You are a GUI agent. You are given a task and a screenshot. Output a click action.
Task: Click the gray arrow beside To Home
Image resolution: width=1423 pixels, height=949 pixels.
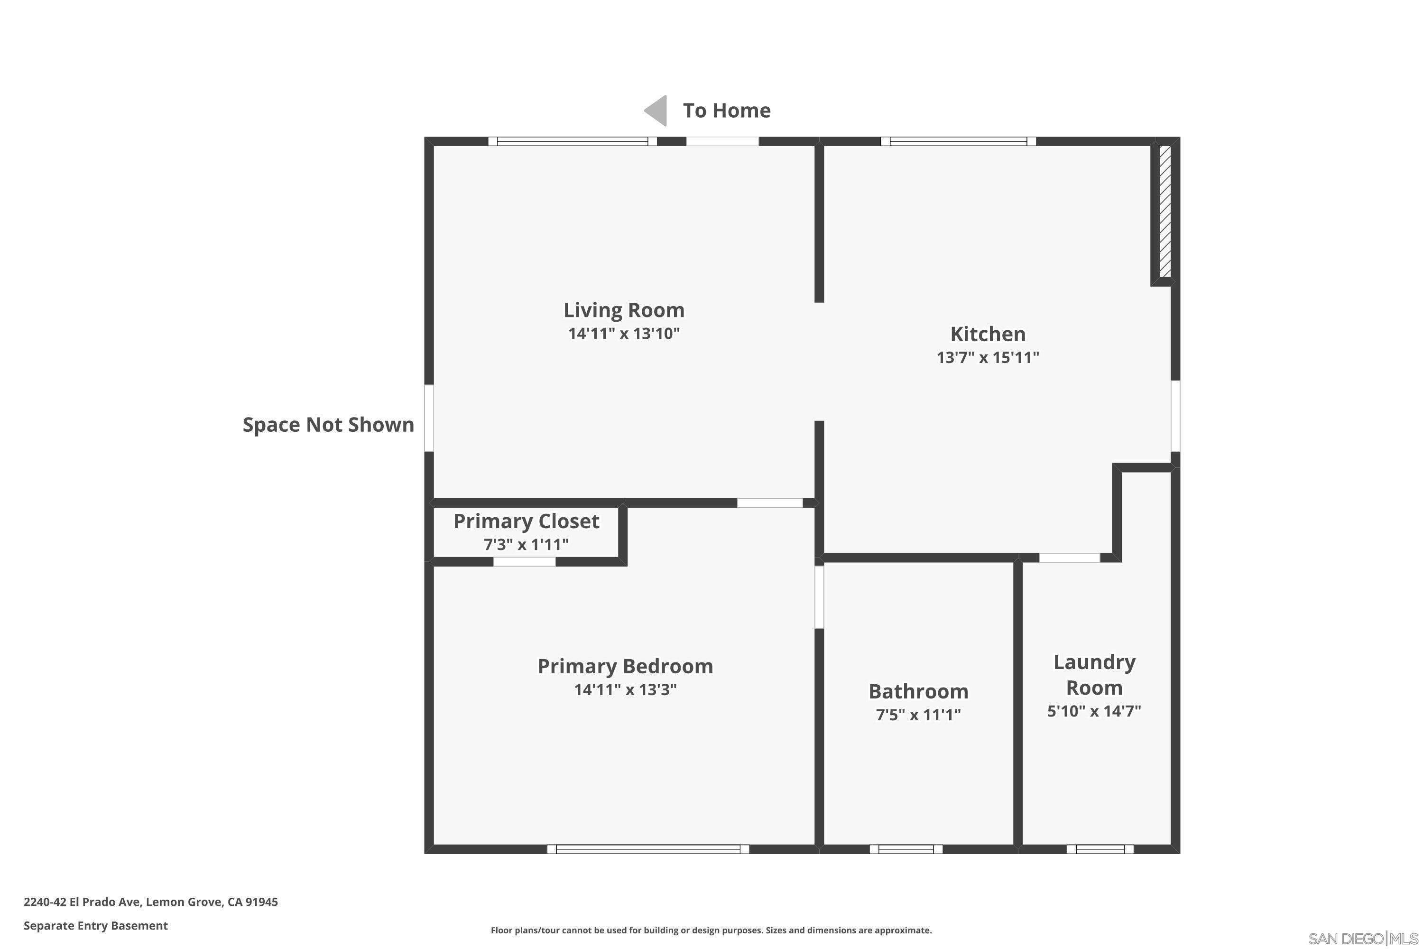tap(656, 111)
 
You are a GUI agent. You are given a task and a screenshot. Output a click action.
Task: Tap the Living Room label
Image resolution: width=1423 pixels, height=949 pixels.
tap(624, 310)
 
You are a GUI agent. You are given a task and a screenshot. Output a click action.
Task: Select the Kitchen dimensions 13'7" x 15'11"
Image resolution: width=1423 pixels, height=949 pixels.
tap(988, 358)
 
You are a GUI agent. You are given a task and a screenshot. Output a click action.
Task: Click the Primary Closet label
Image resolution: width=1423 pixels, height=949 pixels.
tap(526, 521)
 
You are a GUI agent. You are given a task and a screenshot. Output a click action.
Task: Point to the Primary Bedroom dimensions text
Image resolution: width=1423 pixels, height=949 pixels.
tap(625, 689)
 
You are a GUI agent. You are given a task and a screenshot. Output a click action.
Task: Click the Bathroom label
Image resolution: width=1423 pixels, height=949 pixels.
tap(918, 691)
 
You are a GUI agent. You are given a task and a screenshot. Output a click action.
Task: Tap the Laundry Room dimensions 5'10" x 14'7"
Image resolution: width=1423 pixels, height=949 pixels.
tap(1094, 711)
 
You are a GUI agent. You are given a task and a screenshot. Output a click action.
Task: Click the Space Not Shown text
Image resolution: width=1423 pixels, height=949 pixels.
tap(328, 425)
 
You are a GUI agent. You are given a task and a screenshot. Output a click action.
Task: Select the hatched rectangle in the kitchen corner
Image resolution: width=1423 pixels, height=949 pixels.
tap(1164, 211)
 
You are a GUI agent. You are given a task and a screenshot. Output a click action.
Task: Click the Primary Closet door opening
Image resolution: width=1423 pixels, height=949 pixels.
tap(524, 562)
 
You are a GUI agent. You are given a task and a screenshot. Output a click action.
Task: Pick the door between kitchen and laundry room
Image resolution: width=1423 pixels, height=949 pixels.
tap(1069, 558)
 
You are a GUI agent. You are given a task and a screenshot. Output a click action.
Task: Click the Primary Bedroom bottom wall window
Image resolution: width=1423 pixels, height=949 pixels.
tap(648, 849)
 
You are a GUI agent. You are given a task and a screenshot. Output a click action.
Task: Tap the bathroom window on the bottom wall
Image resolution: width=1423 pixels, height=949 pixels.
tap(906, 849)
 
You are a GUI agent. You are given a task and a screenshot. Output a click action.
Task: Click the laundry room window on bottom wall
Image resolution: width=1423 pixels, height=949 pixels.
tap(1100, 849)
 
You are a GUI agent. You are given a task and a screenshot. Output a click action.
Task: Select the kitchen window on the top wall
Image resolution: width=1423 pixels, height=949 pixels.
tap(958, 141)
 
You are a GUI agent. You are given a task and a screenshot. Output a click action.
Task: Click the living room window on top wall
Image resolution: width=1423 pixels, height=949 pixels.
tap(573, 141)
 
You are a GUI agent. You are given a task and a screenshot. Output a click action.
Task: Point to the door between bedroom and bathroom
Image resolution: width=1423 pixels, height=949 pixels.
tap(819, 597)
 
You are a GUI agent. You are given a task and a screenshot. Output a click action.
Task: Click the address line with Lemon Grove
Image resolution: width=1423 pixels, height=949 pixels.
tap(151, 902)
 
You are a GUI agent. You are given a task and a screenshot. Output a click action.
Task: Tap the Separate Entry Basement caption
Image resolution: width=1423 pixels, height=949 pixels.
tap(96, 925)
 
